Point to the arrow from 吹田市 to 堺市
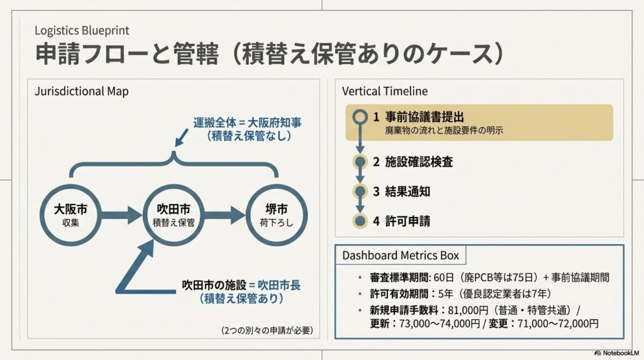[225, 215]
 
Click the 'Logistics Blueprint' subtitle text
[82, 30]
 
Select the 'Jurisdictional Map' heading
[81, 91]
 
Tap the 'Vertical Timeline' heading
[384, 91]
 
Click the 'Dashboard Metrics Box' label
[401, 256]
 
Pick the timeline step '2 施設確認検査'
[413, 162]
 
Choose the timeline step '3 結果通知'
[401, 191]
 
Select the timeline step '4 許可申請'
[401, 222]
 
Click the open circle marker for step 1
[360, 116]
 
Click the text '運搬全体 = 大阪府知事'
[247, 123]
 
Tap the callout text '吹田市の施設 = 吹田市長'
[241, 285]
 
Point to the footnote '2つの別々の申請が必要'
[267, 330]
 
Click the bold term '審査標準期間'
[399, 278]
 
